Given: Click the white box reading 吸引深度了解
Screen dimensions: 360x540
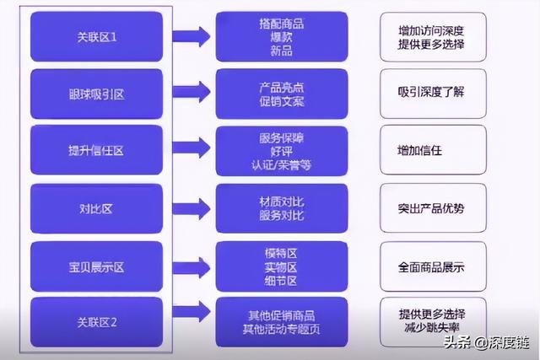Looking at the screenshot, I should tap(432, 94).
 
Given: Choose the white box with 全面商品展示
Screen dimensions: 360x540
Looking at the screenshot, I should tap(432, 267).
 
